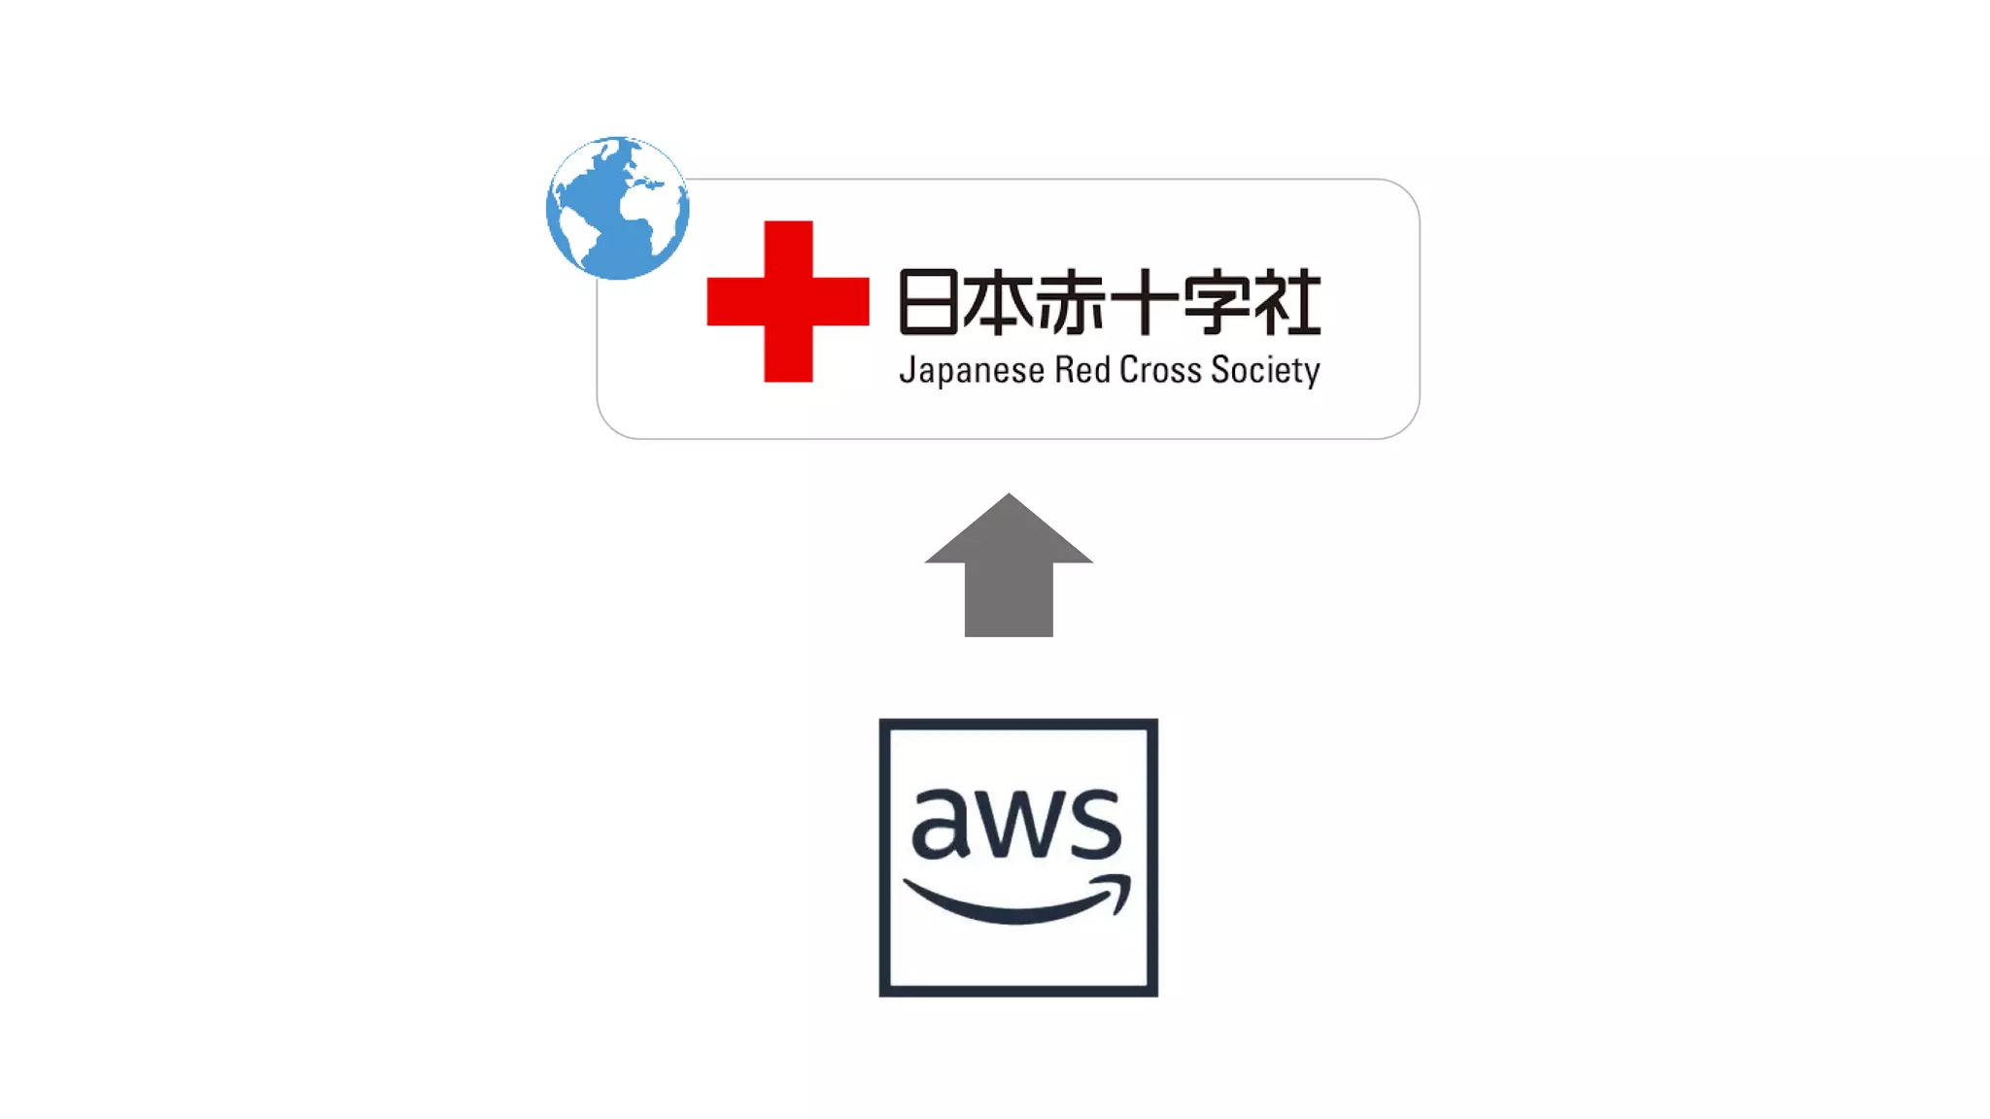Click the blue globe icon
point(618,208)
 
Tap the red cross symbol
point(788,301)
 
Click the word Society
point(1265,371)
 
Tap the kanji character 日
point(929,302)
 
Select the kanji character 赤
point(1072,302)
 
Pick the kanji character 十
point(1143,302)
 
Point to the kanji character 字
point(1215,302)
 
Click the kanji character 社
point(1287,302)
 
